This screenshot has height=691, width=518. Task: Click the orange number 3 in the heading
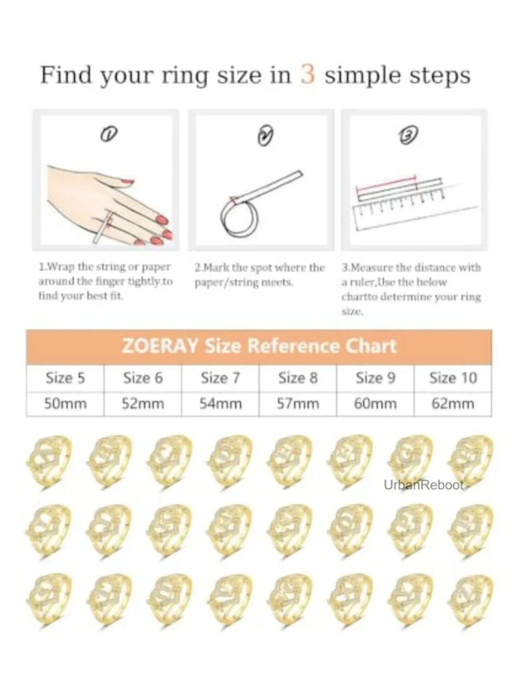point(308,74)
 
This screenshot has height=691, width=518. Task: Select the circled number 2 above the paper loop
point(265,136)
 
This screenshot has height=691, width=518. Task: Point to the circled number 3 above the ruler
point(408,135)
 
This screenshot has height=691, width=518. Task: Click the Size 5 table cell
point(65,378)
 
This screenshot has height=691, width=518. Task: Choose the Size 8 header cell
point(298,378)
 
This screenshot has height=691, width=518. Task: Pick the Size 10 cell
point(453,378)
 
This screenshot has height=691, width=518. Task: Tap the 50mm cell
point(65,404)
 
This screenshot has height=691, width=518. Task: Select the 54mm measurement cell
point(221,404)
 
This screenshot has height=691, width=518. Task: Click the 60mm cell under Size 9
point(376,404)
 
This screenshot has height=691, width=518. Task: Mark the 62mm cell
point(453,404)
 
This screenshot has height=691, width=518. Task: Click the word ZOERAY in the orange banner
point(160,346)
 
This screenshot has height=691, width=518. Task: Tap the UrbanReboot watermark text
point(424,485)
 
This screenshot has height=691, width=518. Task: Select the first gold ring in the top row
point(49,462)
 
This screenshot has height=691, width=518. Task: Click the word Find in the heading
point(66,75)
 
